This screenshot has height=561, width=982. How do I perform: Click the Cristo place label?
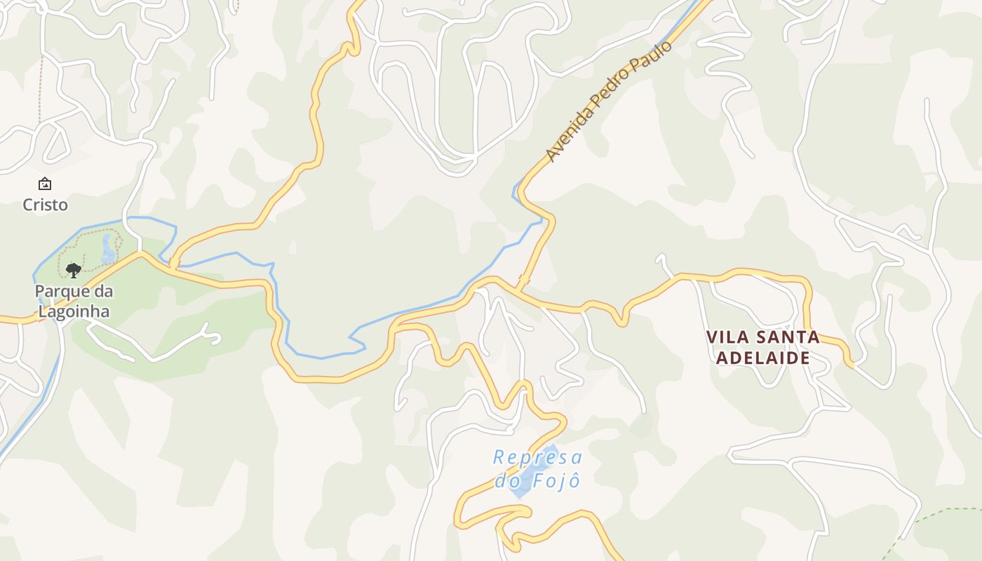tap(45, 205)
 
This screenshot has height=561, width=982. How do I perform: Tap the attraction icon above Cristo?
tap(45, 184)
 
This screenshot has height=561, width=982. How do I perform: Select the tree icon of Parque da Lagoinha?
tap(73, 270)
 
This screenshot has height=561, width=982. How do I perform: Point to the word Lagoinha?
tap(74, 311)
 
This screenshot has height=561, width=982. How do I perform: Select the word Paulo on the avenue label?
tap(652, 58)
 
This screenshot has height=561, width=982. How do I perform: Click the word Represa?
tap(537, 458)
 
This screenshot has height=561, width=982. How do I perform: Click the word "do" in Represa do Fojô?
tap(506, 481)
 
